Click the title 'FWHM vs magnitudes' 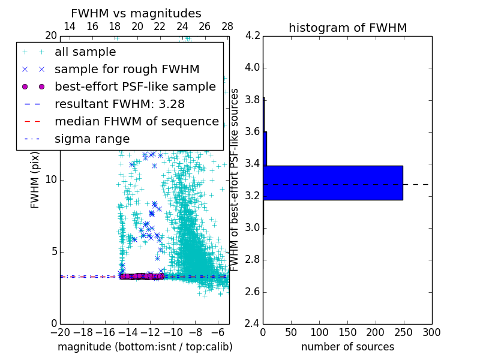[136, 13]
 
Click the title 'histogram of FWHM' [347, 28]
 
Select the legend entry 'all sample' [85, 52]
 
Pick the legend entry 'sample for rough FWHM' [127, 70]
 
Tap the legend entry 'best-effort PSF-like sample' [135, 86]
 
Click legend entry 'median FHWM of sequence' [136, 121]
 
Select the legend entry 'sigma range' [92, 139]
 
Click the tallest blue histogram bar [333, 182]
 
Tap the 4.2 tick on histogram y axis [253, 35]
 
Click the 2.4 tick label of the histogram [253, 324]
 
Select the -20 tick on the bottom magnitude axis [60, 332]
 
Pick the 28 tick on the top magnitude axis [227, 26]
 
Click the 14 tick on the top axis [70, 26]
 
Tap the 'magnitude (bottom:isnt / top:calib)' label [145, 347]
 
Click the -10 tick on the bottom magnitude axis [173, 332]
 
